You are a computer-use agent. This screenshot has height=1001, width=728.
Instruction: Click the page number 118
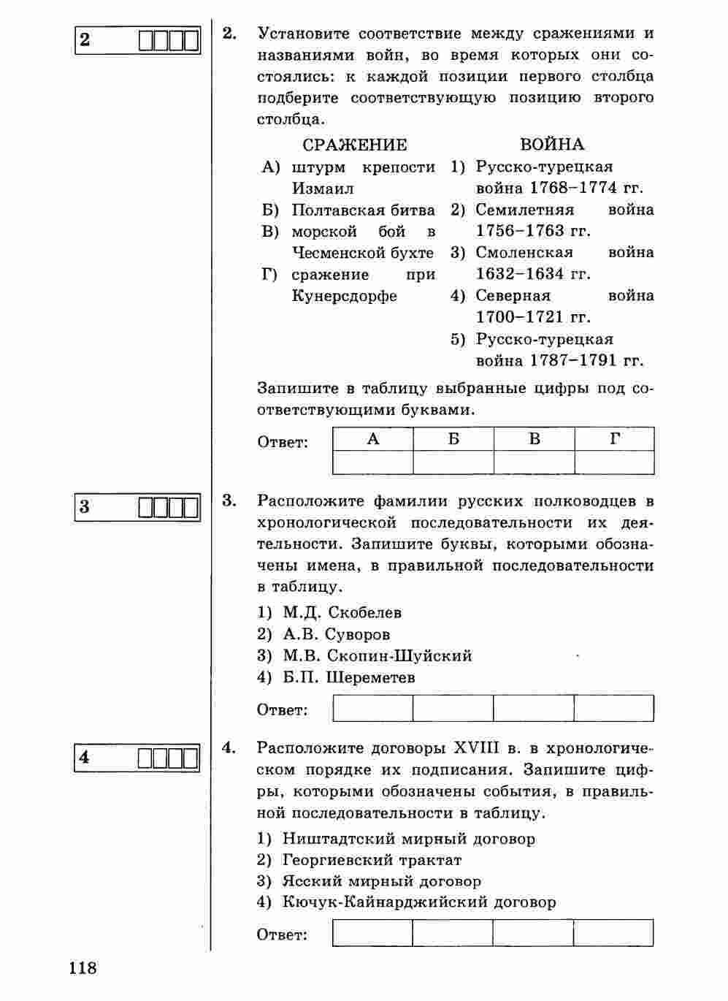83,968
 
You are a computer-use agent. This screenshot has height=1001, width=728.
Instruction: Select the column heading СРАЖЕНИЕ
355,145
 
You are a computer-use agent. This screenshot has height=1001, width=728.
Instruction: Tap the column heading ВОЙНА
552,145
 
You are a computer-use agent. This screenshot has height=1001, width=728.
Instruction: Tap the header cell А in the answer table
373,439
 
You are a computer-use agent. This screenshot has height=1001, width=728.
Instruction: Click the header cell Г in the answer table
615,439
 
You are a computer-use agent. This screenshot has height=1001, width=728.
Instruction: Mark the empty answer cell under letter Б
453,463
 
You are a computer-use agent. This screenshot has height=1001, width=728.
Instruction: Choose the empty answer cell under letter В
534,463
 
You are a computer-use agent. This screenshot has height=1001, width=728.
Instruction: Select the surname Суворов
358,634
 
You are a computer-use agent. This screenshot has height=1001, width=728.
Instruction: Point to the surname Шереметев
371,677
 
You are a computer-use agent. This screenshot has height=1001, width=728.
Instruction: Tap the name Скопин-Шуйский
399,655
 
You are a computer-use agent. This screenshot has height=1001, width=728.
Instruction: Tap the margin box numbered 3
137,506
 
